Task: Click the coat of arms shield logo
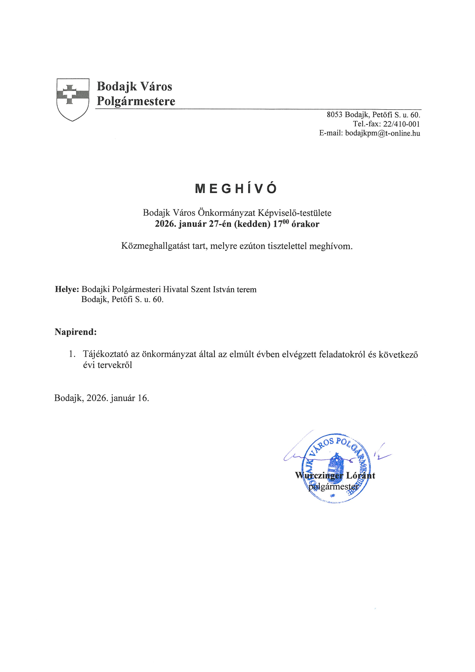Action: [x=73, y=99]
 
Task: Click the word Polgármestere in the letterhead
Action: [x=136, y=101]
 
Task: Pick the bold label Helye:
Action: [x=67, y=290]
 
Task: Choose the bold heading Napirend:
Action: [x=75, y=332]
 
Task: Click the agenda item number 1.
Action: [x=72, y=354]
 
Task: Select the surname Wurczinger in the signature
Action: [x=319, y=476]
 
